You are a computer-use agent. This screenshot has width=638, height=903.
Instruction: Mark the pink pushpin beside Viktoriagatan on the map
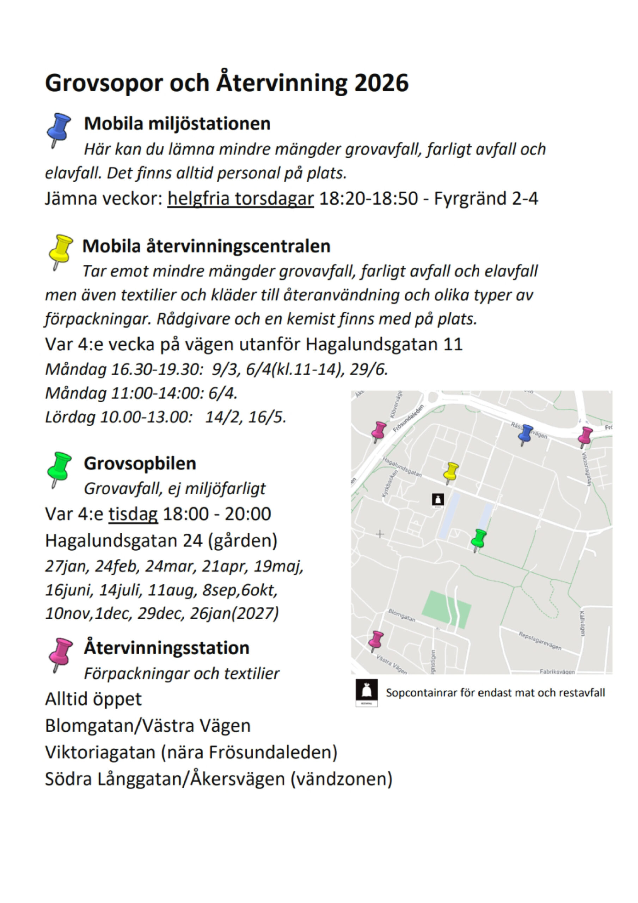pos(585,435)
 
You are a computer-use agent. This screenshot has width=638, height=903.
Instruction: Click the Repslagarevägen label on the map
pos(540,641)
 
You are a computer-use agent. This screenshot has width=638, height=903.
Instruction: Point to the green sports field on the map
pos(446,609)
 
